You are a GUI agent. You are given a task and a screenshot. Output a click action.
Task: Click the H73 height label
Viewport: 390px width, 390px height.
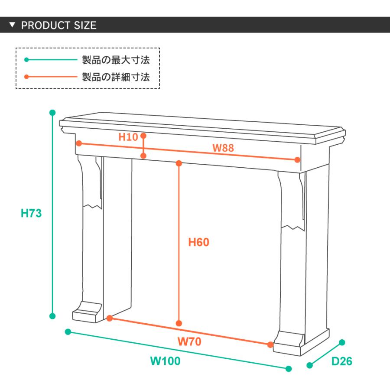(31, 213)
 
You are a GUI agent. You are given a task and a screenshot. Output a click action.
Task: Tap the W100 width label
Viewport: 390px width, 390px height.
(166, 361)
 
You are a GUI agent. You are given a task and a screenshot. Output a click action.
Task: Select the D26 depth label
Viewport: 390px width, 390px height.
(342, 361)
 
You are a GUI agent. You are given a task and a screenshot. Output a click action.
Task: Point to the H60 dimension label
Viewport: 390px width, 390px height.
(198, 242)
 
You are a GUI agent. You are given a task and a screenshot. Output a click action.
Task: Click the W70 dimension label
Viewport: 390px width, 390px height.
(189, 341)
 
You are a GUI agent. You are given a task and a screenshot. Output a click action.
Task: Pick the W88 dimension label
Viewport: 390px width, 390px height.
(223, 148)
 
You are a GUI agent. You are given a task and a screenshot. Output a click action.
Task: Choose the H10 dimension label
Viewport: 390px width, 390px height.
(128, 137)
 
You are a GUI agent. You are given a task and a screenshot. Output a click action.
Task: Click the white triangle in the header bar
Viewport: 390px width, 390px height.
(12, 25)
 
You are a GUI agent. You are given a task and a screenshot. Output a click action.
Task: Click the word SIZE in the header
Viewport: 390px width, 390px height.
(85, 25)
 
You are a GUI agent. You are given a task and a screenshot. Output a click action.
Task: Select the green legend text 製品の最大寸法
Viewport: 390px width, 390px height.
(116, 60)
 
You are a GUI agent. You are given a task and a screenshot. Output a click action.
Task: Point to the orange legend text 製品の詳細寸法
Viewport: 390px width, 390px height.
(116, 77)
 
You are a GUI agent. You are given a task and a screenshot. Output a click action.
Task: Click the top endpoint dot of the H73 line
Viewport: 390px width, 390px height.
(52, 113)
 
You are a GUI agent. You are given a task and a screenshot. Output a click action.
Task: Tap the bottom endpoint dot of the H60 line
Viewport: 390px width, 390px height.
(179, 323)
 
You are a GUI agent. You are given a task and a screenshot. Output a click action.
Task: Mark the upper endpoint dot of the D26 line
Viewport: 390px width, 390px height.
(342, 342)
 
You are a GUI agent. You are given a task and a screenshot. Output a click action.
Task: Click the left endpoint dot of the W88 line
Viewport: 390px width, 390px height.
(79, 143)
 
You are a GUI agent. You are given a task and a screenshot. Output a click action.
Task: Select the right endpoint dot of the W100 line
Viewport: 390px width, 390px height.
(289, 369)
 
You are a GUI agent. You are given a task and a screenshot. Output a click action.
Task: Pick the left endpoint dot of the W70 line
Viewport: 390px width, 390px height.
(110, 318)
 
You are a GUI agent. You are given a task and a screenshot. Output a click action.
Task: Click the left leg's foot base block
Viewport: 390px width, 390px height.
(87, 313)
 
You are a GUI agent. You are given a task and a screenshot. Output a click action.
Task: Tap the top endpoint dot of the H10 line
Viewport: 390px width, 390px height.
(143, 136)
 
